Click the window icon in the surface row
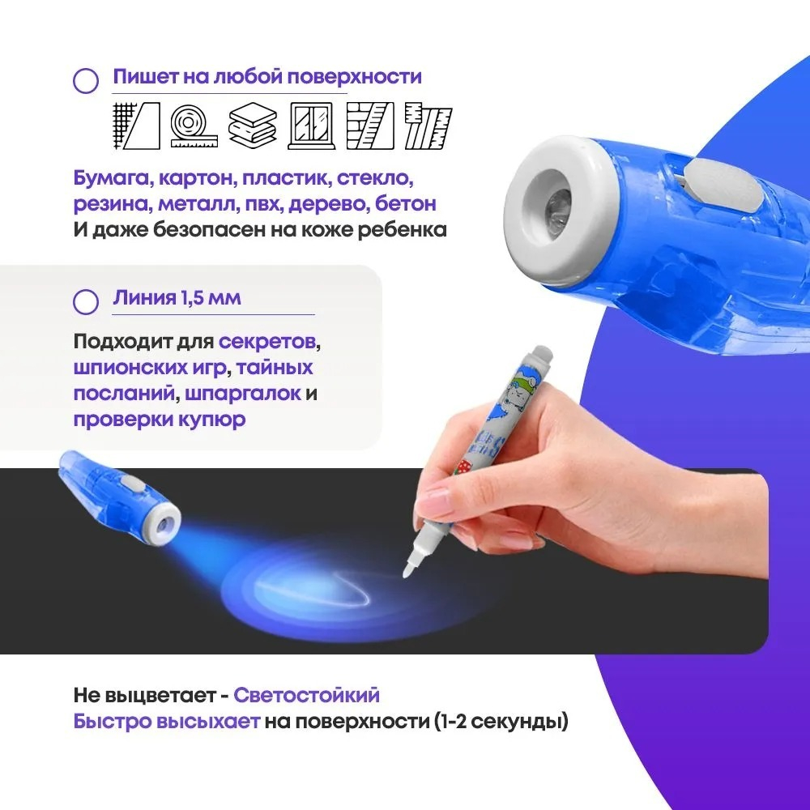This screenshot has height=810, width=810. point(312,126)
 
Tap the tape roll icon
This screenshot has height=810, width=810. point(194,126)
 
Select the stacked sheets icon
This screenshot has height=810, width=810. point(253,126)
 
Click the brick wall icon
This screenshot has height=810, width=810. point(370,126)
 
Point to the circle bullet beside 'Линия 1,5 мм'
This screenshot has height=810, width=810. point(86,301)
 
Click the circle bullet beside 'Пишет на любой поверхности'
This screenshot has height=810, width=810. point(86,80)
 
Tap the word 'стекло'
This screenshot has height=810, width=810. point(375,178)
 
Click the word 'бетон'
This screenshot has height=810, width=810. point(406,204)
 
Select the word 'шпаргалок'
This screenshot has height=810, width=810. point(243,394)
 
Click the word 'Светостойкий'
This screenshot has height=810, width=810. point(306,695)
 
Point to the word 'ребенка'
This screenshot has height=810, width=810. point(403,230)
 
